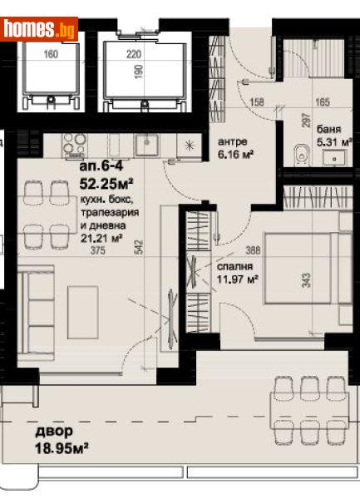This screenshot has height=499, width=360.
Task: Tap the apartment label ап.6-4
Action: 98,167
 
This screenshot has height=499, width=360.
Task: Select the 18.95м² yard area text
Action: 62,450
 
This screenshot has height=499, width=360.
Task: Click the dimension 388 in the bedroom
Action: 254,249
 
